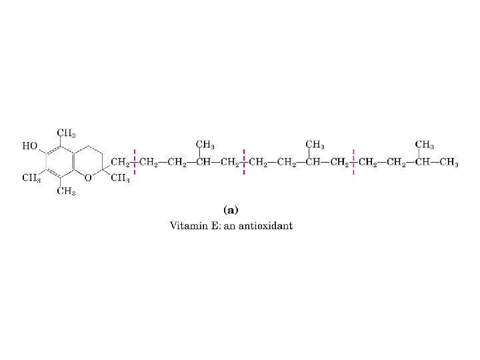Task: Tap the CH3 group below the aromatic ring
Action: click(65, 192)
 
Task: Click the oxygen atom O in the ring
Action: click(88, 177)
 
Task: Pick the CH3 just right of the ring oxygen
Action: click(120, 177)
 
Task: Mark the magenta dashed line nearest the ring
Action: click(136, 161)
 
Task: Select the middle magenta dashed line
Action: click(245, 161)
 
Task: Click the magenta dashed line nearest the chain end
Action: click(353, 161)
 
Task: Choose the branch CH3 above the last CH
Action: click(425, 145)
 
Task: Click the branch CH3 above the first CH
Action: click(205, 145)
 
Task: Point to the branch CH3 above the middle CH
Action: click(315, 145)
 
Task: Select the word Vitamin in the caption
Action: click(189, 225)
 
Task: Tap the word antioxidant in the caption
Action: click(268, 225)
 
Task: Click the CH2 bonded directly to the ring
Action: click(120, 162)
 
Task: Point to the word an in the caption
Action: click(234, 225)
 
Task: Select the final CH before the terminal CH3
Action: click(421, 162)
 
